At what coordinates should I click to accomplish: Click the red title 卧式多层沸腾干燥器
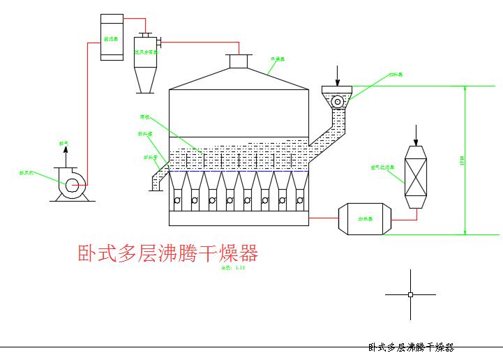coord(167,253)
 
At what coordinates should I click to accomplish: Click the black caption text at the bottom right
coord(411,347)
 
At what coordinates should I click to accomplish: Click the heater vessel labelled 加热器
coord(365,219)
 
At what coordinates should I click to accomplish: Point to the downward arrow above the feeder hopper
coord(337,74)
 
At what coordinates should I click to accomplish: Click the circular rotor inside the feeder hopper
coord(338,101)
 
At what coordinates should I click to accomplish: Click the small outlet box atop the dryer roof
coord(239,61)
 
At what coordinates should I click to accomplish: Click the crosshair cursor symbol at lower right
coord(410,294)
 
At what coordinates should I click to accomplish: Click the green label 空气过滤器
coord(382,167)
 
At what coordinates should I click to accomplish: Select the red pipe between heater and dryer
coord(323,218)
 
